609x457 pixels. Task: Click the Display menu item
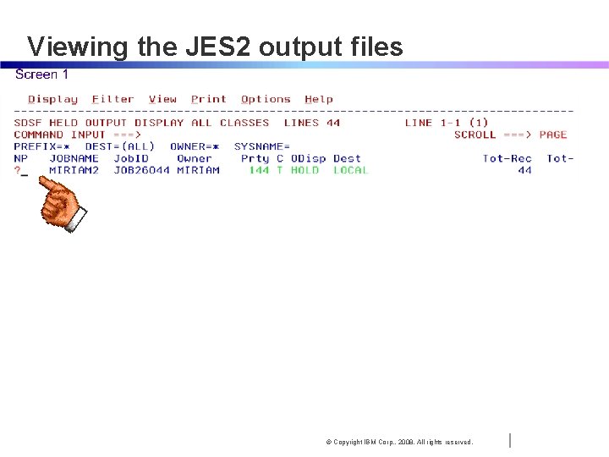(52, 99)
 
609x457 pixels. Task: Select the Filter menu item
(112, 99)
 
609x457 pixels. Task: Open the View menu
(162, 99)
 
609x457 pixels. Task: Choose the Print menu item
(208, 99)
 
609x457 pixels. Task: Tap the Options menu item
(266, 99)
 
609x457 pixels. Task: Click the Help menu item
(319, 99)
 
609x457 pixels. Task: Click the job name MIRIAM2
(74, 170)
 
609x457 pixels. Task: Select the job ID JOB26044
(141, 170)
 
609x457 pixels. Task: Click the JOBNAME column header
(74, 158)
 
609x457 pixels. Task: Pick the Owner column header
(194, 158)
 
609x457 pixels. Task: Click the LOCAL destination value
(350, 170)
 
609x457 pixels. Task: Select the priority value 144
(258, 170)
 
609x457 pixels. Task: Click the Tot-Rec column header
(507, 158)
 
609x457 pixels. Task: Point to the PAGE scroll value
(552, 135)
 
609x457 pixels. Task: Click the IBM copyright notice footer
(399, 442)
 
